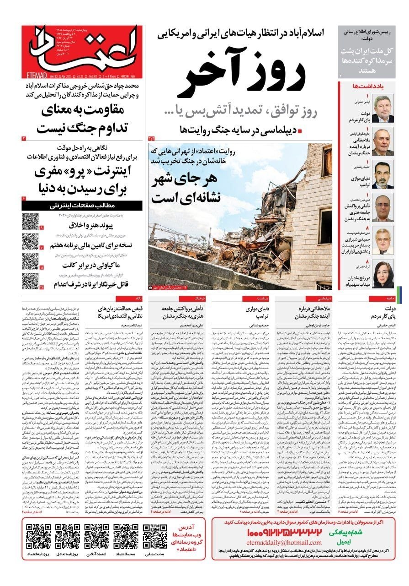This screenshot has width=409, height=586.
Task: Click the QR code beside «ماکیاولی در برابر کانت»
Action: pyautogui.click(x=30, y=261)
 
